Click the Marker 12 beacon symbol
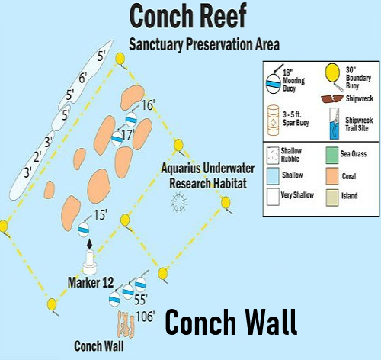90,257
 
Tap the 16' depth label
148,104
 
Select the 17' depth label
128,134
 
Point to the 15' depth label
101,215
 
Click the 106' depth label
146,317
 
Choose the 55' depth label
141,300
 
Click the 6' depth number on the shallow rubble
83,78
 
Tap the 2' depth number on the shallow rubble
37,156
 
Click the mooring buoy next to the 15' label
84,230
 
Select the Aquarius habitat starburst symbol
179,202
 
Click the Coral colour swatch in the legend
332,176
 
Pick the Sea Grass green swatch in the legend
332,155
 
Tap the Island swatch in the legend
332,198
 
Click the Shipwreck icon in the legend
332,98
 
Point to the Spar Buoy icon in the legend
274,121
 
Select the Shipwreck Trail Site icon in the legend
335,124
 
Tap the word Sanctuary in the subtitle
156,44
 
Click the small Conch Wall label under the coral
99,346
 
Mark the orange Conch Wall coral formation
126,324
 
